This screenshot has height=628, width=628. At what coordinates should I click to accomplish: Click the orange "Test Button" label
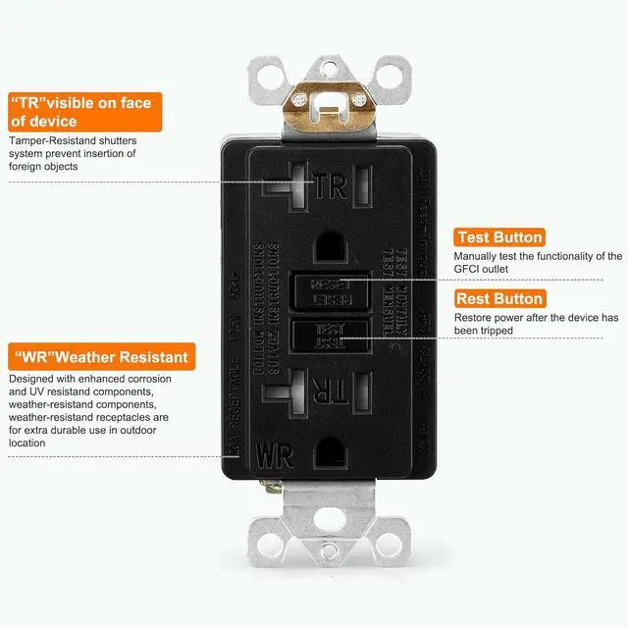pyautogui.click(x=498, y=237)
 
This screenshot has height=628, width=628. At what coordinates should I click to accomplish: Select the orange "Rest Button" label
pyautogui.click(x=498, y=298)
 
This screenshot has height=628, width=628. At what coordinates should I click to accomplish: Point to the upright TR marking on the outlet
pyautogui.click(x=331, y=187)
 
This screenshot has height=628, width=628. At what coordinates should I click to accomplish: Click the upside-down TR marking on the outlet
pyautogui.click(x=331, y=391)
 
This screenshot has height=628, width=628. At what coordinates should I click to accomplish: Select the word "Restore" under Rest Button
pyautogui.click(x=475, y=317)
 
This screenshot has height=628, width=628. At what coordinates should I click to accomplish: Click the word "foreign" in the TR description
pyautogui.click(x=27, y=167)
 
